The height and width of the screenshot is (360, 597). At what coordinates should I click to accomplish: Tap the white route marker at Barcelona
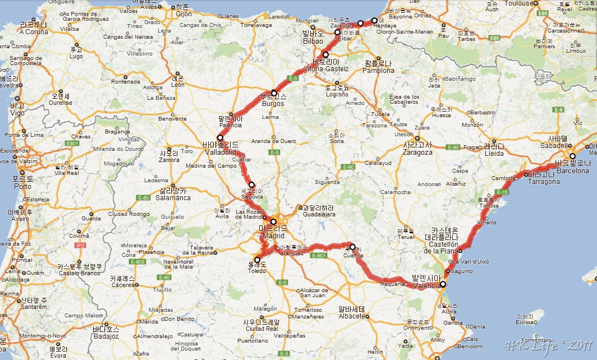[x=572, y=156]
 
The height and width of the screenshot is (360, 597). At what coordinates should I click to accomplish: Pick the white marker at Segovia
[x=251, y=184]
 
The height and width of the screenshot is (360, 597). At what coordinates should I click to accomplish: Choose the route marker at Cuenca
[x=352, y=247]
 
